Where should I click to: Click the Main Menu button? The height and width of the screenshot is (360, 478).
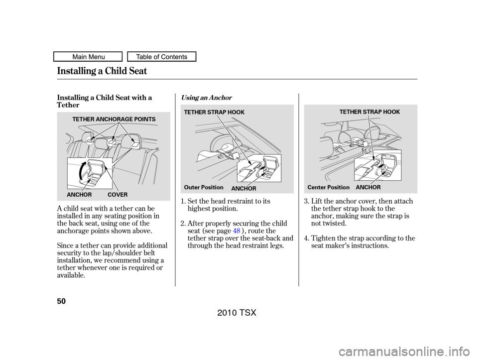pyautogui.click(x=88, y=57)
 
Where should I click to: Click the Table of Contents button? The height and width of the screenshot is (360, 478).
pyautogui.click(x=161, y=57)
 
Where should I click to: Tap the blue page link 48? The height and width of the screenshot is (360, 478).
pyautogui.click(x=237, y=231)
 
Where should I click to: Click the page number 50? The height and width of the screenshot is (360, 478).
pyautogui.click(x=61, y=301)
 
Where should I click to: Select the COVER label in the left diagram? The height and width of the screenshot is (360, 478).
pyautogui.click(x=118, y=195)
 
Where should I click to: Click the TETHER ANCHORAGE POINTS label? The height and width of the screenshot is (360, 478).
pyautogui.click(x=114, y=119)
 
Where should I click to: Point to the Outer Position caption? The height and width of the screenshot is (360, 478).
pyautogui.click(x=204, y=187)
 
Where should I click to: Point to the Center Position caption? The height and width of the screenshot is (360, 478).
pyautogui.click(x=328, y=187)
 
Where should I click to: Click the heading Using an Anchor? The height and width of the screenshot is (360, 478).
pyautogui.click(x=206, y=98)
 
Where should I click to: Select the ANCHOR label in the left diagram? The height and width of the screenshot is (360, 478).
pyautogui.click(x=79, y=195)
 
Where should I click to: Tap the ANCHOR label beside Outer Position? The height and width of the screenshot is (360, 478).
pyautogui.click(x=244, y=188)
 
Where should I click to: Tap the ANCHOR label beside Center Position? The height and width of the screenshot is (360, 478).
pyautogui.click(x=368, y=187)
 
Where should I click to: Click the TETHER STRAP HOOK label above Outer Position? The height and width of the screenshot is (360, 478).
pyautogui.click(x=214, y=112)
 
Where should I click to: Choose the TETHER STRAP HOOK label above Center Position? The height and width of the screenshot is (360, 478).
pyautogui.click(x=369, y=112)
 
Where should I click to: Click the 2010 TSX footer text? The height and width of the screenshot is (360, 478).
pyautogui.click(x=237, y=312)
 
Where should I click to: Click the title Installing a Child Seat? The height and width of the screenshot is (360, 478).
pyautogui.click(x=102, y=71)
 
